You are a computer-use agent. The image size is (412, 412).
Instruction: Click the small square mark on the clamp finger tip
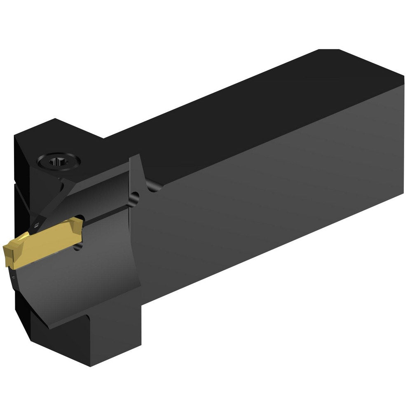pos(37,225)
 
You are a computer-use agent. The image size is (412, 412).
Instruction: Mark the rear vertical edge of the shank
pos(403,124)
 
